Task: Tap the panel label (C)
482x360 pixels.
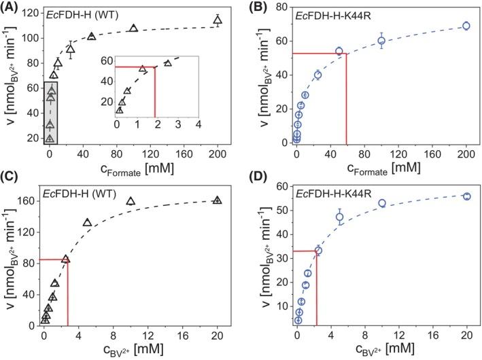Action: coord(12,187)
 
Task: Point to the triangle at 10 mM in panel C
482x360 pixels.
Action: coord(131,201)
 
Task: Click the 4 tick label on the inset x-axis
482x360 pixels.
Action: coord(198,124)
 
